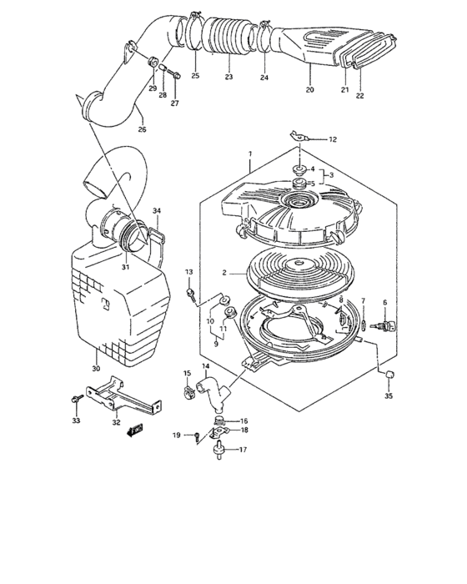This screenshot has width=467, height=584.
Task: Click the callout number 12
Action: click(333, 139)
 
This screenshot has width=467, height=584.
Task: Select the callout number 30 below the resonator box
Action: click(95, 368)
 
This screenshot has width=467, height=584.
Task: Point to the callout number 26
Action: click(142, 129)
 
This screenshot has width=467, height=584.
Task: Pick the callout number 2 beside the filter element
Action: click(224, 273)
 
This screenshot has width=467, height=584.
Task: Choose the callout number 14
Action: click(204, 365)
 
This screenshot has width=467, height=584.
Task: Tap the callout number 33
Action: click(76, 421)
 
